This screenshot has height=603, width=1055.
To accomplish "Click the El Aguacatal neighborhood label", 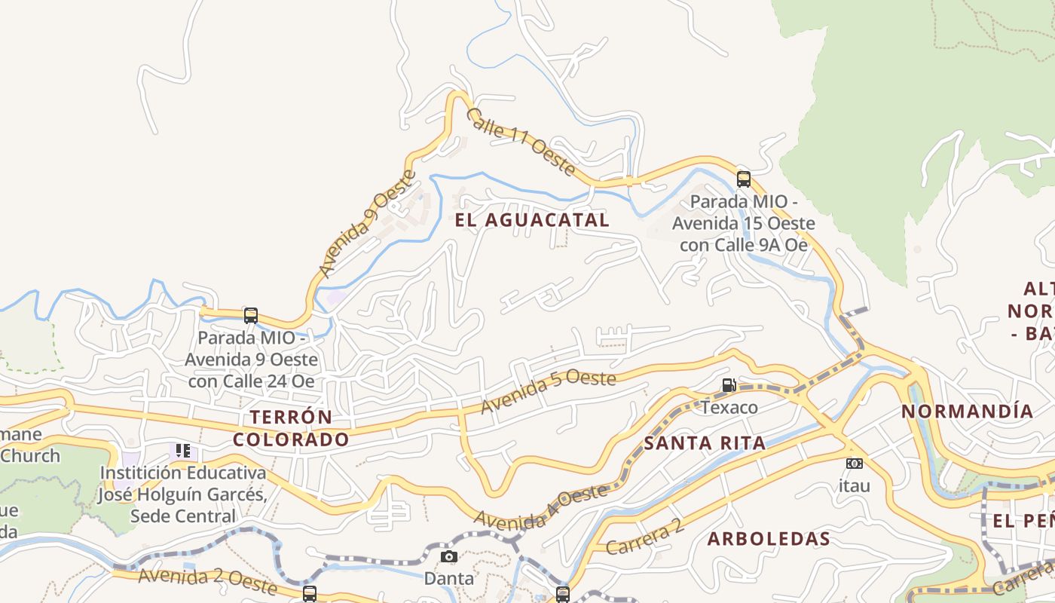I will tap(532, 220).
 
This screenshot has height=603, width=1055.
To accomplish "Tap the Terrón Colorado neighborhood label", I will tap(291, 428).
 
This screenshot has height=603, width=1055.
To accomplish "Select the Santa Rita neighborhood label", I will tap(705, 443).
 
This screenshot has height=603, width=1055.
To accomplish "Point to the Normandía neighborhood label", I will tap(968, 412).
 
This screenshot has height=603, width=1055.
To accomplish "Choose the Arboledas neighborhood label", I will tap(769, 539).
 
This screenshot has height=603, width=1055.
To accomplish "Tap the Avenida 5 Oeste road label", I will tap(549, 390).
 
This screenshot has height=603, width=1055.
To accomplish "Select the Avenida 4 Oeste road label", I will tap(540, 507).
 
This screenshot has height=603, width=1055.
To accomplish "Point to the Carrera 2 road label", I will tap(645, 537).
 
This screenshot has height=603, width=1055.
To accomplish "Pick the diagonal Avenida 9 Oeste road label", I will tap(367, 224).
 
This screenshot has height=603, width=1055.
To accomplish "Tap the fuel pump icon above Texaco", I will tap(729, 385).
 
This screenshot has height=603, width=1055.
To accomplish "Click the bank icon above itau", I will tap(854, 464).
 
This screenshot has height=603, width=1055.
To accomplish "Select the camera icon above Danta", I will tap(448, 557).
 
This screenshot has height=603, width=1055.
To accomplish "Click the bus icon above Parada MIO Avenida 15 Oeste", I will tap(744, 179).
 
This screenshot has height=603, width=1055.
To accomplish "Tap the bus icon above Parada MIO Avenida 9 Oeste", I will tap(251, 315).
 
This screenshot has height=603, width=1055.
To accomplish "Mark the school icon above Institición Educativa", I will tap(182, 451).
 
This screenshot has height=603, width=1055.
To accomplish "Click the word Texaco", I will tap(729, 408).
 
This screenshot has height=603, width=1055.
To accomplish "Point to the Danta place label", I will tap(449, 579).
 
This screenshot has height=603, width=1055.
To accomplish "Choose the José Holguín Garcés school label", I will tap(183, 494).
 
